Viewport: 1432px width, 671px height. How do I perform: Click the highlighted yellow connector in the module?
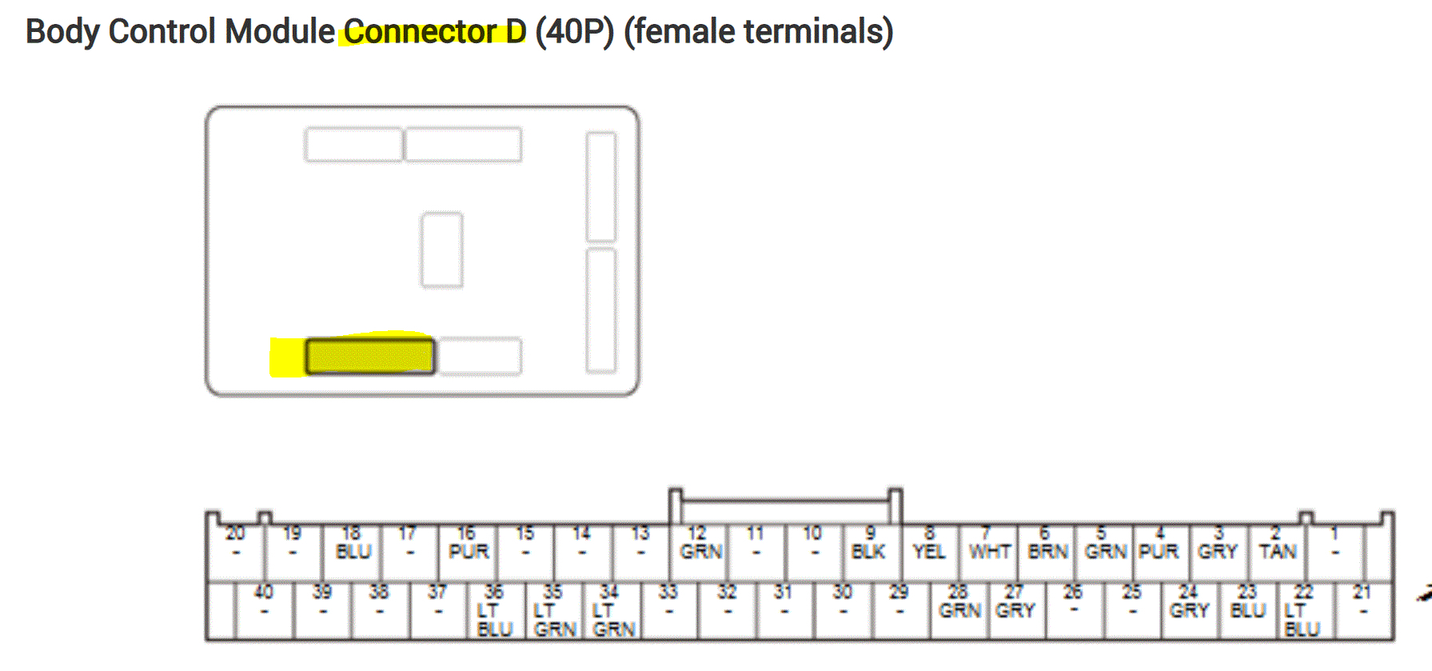tap(370, 357)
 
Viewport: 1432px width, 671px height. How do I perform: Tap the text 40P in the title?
tap(574, 32)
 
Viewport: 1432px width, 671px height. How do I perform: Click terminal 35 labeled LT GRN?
tap(554, 611)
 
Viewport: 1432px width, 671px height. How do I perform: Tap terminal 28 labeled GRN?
tap(959, 611)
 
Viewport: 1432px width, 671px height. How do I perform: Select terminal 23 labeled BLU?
tap(1247, 611)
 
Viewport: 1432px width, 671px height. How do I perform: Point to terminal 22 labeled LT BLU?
tap(1302, 611)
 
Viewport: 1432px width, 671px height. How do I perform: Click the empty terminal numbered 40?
tap(264, 611)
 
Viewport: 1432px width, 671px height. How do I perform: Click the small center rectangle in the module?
tap(442, 250)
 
